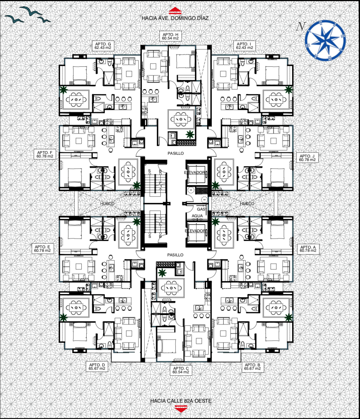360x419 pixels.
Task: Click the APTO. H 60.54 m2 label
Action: (170, 36)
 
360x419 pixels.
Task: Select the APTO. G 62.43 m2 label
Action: (103, 46)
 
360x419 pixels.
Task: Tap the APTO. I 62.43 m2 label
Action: (244, 46)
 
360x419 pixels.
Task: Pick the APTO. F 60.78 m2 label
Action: (45, 154)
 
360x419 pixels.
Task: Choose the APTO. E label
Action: (42, 247)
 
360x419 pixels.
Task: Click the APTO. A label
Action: (308, 247)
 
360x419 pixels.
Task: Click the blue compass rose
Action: (325, 41)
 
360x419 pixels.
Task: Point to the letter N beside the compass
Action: (301, 27)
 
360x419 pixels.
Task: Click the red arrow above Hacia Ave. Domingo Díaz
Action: (175, 10)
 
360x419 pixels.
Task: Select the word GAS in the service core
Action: (201, 209)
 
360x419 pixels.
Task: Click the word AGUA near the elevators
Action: (197, 216)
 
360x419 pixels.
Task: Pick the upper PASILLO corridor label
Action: (175, 153)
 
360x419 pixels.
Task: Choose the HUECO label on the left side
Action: (107, 203)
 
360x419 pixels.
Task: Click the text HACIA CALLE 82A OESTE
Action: (181, 401)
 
